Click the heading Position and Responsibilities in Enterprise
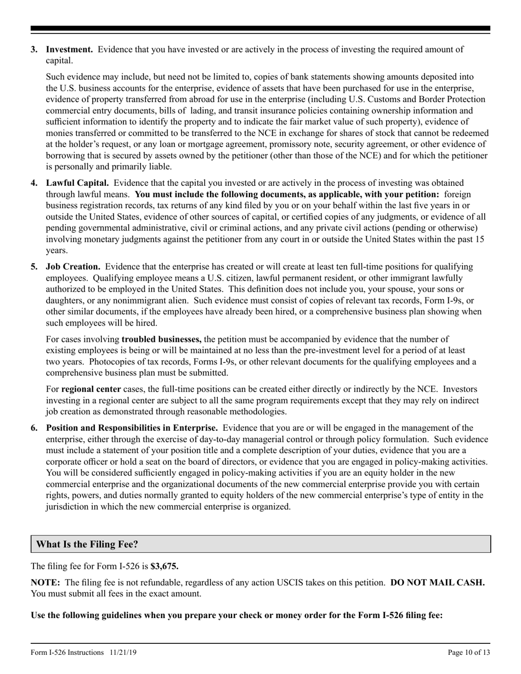point(132,427)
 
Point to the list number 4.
point(34,182)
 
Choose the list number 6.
point(34,427)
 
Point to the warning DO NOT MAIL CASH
point(437,582)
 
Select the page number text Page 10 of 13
point(468,652)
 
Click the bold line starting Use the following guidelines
point(236,615)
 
